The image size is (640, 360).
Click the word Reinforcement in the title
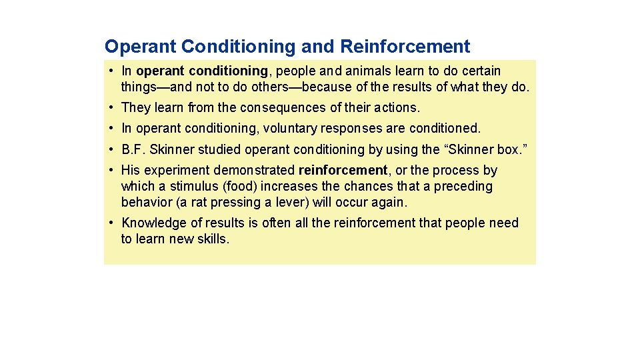[x=405, y=47]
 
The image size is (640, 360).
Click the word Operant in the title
[x=141, y=47]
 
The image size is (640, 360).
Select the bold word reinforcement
[x=343, y=171]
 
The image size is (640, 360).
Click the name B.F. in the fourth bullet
[x=133, y=149]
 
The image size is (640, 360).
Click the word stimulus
[x=193, y=187]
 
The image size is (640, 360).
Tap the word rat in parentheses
[x=197, y=203]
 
